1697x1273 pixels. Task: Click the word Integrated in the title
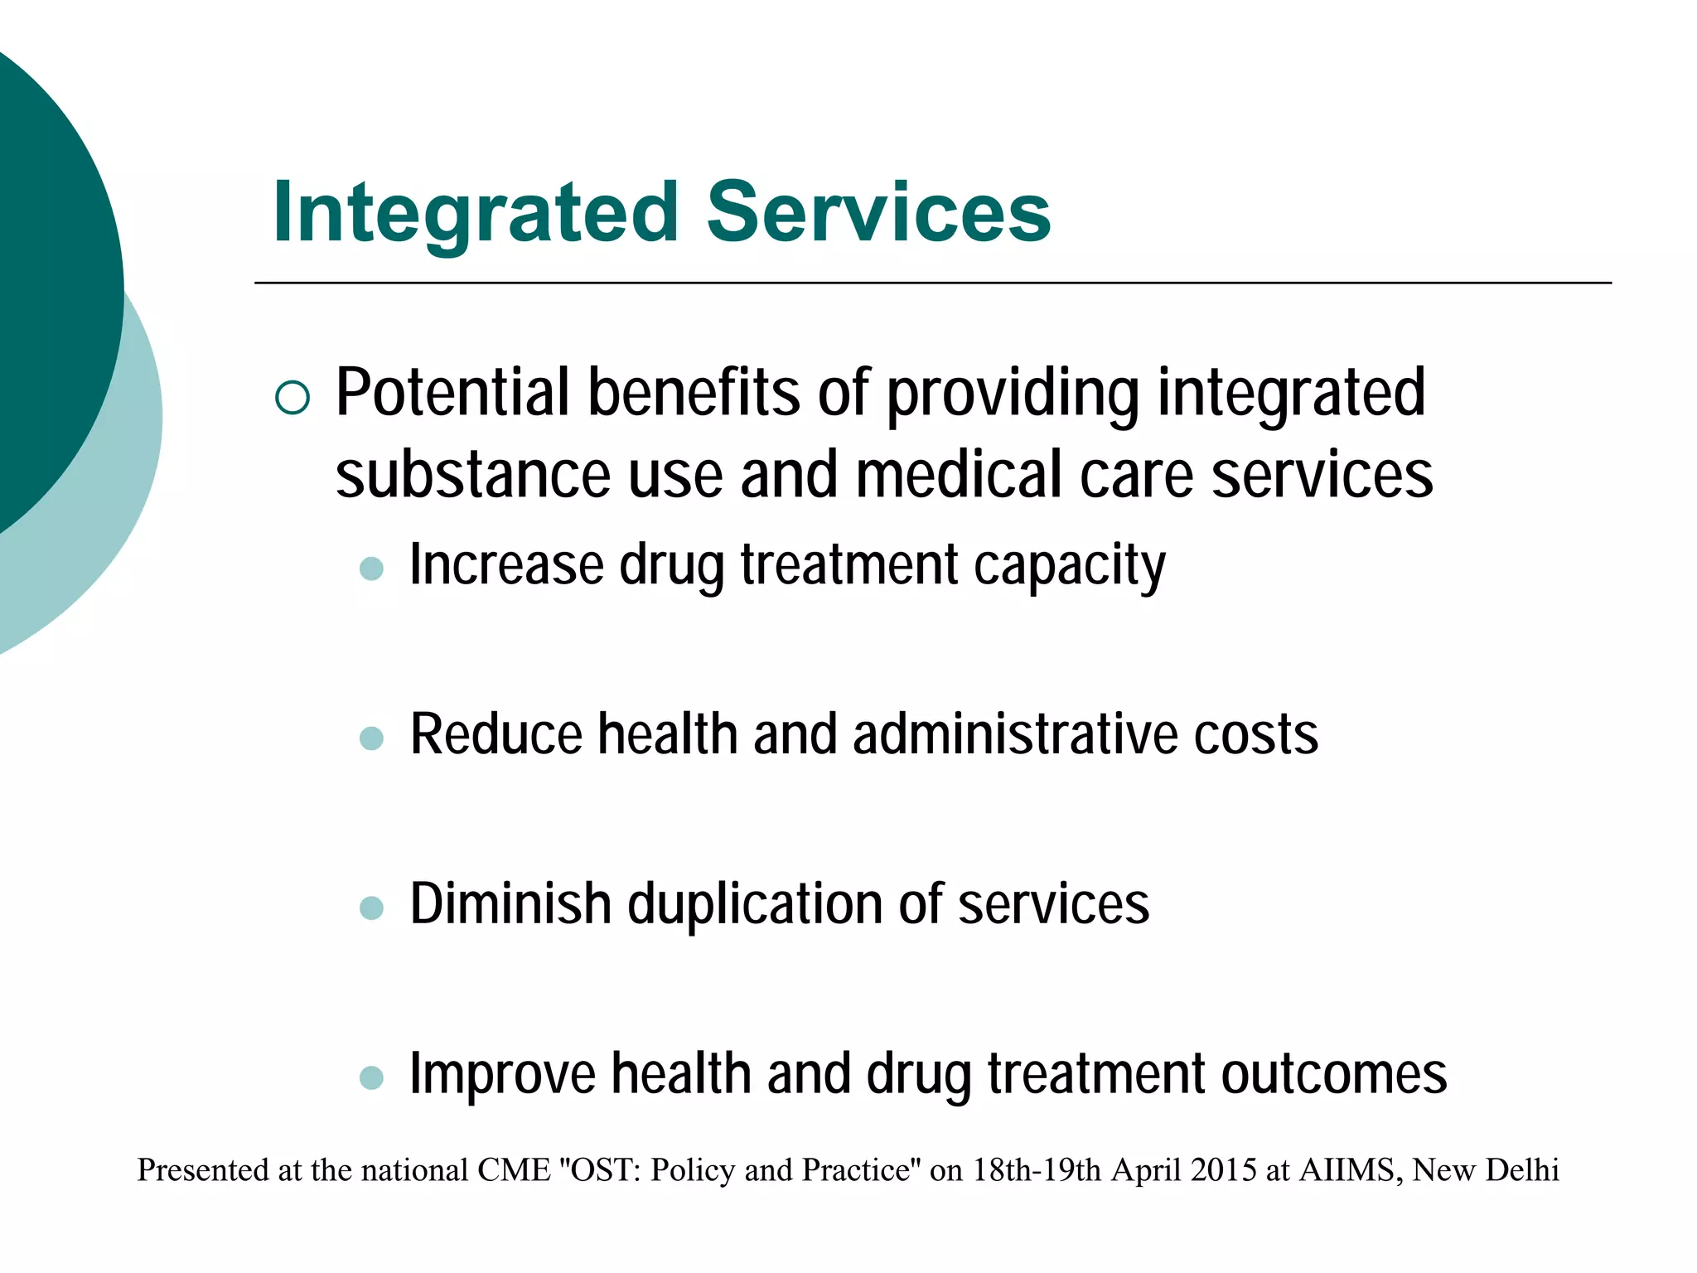476,213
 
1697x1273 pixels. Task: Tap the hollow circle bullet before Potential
292,398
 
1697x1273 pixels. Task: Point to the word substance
473,475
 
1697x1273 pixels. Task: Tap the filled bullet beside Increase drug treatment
371,569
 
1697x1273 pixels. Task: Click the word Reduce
496,734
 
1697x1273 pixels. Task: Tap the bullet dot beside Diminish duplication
371,908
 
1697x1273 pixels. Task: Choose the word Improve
502,1075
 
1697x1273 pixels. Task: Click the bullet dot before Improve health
371,1077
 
